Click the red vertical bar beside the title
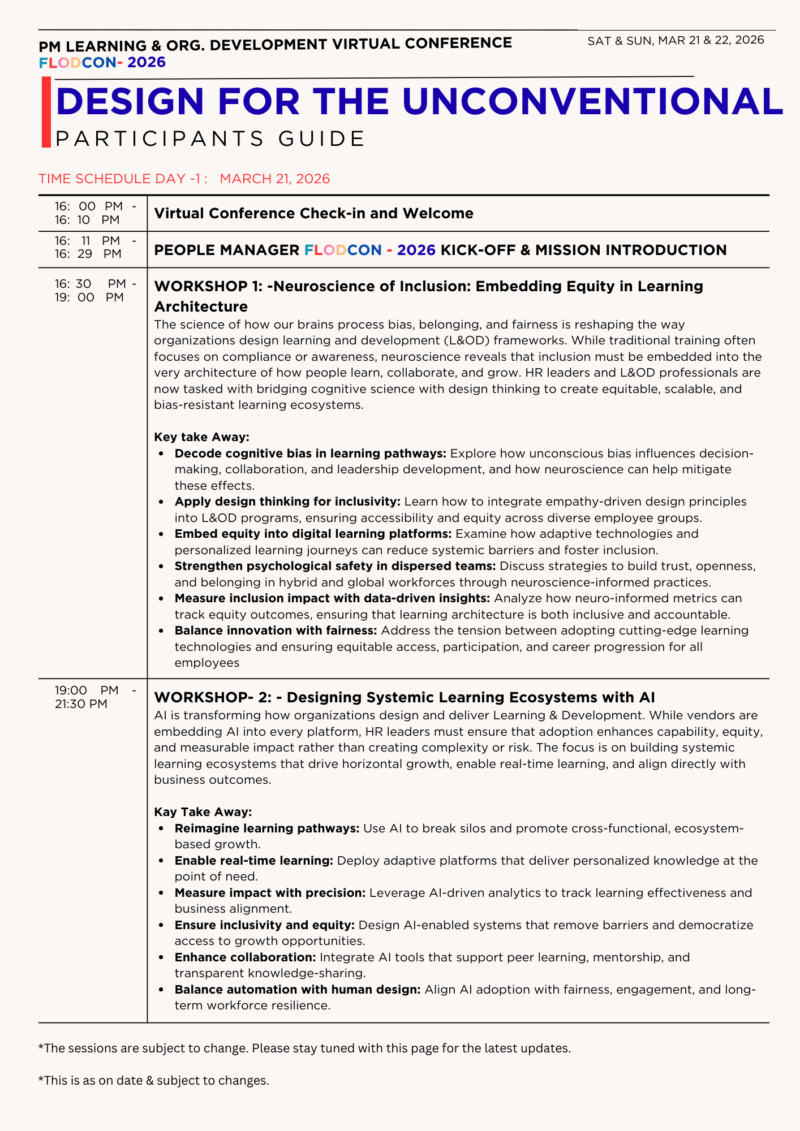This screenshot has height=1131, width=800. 46,113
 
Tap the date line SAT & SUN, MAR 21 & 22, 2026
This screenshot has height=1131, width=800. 676,40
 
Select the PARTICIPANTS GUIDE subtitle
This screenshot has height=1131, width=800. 210,139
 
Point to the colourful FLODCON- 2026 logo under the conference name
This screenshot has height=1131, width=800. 102,62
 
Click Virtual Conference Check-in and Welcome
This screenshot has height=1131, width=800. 313,214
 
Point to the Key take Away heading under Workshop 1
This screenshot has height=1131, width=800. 201,437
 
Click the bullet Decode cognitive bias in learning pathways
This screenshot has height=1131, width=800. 310,454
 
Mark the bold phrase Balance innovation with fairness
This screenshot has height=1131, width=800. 276,631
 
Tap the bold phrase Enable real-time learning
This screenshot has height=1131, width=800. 253,861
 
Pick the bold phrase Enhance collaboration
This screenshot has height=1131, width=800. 245,957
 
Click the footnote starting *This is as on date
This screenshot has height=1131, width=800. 153,1081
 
